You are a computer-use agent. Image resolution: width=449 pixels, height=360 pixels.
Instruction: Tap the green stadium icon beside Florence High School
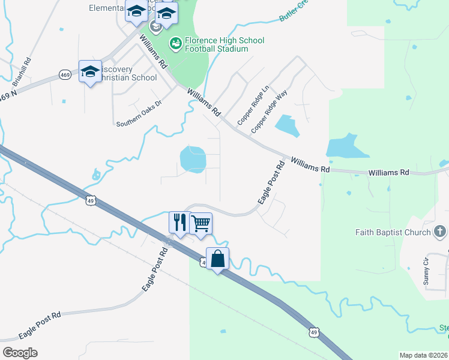point(175,43)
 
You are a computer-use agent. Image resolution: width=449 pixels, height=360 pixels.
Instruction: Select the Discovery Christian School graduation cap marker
point(90,71)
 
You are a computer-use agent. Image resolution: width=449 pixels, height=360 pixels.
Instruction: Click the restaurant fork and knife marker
point(179,223)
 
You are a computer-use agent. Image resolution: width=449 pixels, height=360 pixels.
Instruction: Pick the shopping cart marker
point(200,224)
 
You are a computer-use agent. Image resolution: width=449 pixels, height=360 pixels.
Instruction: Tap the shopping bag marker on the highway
point(217,259)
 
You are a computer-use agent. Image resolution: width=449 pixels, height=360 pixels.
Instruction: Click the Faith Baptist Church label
point(393,232)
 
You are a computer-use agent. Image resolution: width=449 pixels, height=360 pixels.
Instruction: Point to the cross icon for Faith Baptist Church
point(440,231)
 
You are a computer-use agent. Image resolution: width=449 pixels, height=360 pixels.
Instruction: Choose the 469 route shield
point(65,74)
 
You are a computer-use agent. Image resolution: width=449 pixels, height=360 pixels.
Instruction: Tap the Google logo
point(20,352)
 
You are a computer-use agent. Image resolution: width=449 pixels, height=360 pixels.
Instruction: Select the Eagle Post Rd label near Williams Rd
point(271,183)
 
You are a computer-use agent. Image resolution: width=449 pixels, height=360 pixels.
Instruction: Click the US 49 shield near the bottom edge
point(313,331)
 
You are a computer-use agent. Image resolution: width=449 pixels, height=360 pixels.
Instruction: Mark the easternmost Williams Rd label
point(388,172)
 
